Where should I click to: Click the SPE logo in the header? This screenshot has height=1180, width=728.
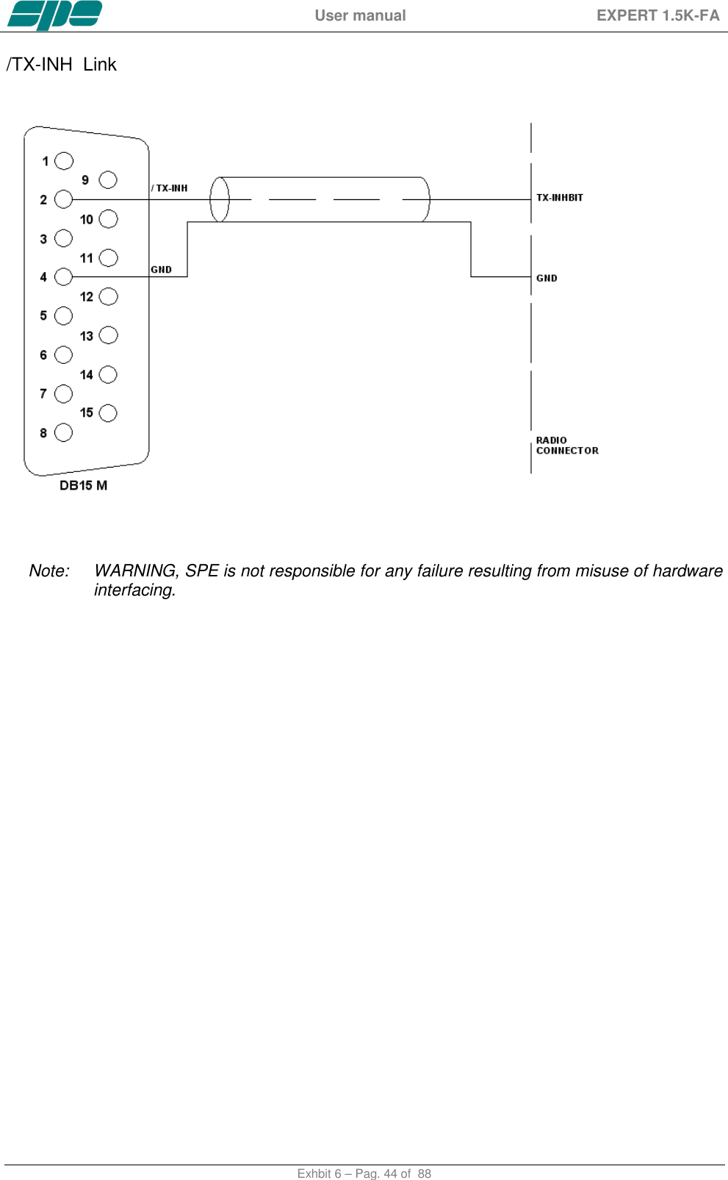click(x=54, y=15)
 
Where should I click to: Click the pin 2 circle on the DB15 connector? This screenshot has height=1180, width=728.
click(x=64, y=199)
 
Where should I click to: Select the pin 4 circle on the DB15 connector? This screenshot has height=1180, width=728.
click(x=64, y=276)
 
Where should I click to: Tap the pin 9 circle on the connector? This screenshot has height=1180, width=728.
click(x=108, y=180)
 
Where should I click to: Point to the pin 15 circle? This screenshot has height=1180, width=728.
click(x=108, y=413)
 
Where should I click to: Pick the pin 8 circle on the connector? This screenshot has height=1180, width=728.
click(x=64, y=432)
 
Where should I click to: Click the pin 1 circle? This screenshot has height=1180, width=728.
click(x=65, y=161)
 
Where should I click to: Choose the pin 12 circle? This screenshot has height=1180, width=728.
click(x=108, y=296)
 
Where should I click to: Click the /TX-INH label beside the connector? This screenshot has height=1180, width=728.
click(x=170, y=188)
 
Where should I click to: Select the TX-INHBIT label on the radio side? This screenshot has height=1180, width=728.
click(x=560, y=198)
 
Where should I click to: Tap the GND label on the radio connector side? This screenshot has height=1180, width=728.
click(x=547, y=279)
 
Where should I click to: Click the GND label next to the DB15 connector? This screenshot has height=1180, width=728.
click(x=162, y=270)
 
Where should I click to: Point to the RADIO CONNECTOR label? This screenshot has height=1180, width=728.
click(x=567, y=446)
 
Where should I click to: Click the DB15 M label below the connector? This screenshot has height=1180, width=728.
click(x=83, y=485)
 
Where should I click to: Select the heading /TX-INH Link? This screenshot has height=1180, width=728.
click(x=62, y=65)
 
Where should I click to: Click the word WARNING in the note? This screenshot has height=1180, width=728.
click(x=135, y=571)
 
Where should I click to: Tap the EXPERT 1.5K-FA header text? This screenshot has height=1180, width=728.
click(x=657, y=15)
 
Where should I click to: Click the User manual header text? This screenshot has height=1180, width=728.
click(x=360, y=15)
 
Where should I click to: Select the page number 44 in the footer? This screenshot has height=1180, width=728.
click(x=391, y=1173)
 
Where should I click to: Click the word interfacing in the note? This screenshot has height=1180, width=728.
click(x=134, y=590)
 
